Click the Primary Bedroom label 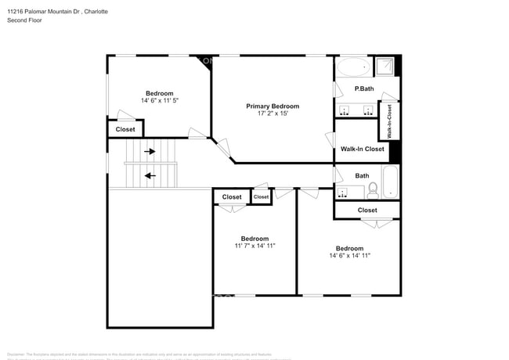(273, 106)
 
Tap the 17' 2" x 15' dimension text (273, 115)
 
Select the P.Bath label (363, 88)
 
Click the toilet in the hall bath (374, 189)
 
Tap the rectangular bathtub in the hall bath (390, 182)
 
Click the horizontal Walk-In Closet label (362, 149)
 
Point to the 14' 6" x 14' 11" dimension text (349, 255)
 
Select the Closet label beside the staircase (125, 129)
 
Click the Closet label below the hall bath (367, 210)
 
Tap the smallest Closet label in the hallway (261, 197)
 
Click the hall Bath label (362, 176)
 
